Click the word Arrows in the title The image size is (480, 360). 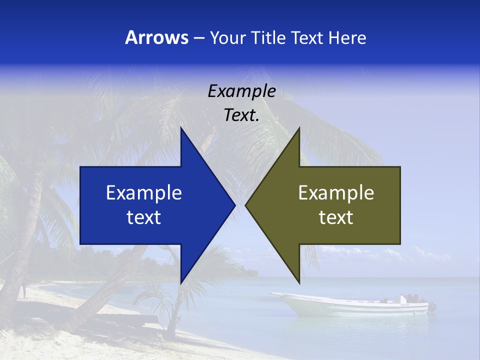click(x=156, y=37)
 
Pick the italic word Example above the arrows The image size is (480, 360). click(x=241, y=91)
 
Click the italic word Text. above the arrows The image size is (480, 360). click(x=241, y=115)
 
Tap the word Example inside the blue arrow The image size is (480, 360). click(x=144, y=192)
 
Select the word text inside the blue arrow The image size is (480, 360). click(x=144, y=217)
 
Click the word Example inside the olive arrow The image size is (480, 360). click(x=336, y=192)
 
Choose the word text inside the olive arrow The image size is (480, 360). click(x=336, y=217)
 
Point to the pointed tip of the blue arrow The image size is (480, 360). click(x=234, y=205)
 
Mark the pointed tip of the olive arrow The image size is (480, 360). click(x=246, y=205)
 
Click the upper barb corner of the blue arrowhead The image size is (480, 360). click(x=181, y=128)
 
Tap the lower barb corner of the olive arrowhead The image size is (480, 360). click(x=299, y=282)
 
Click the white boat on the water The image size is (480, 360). click(x=350, y=304)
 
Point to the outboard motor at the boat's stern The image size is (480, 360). click(x=431, y=305)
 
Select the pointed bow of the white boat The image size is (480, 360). click(x=272, y=294)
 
